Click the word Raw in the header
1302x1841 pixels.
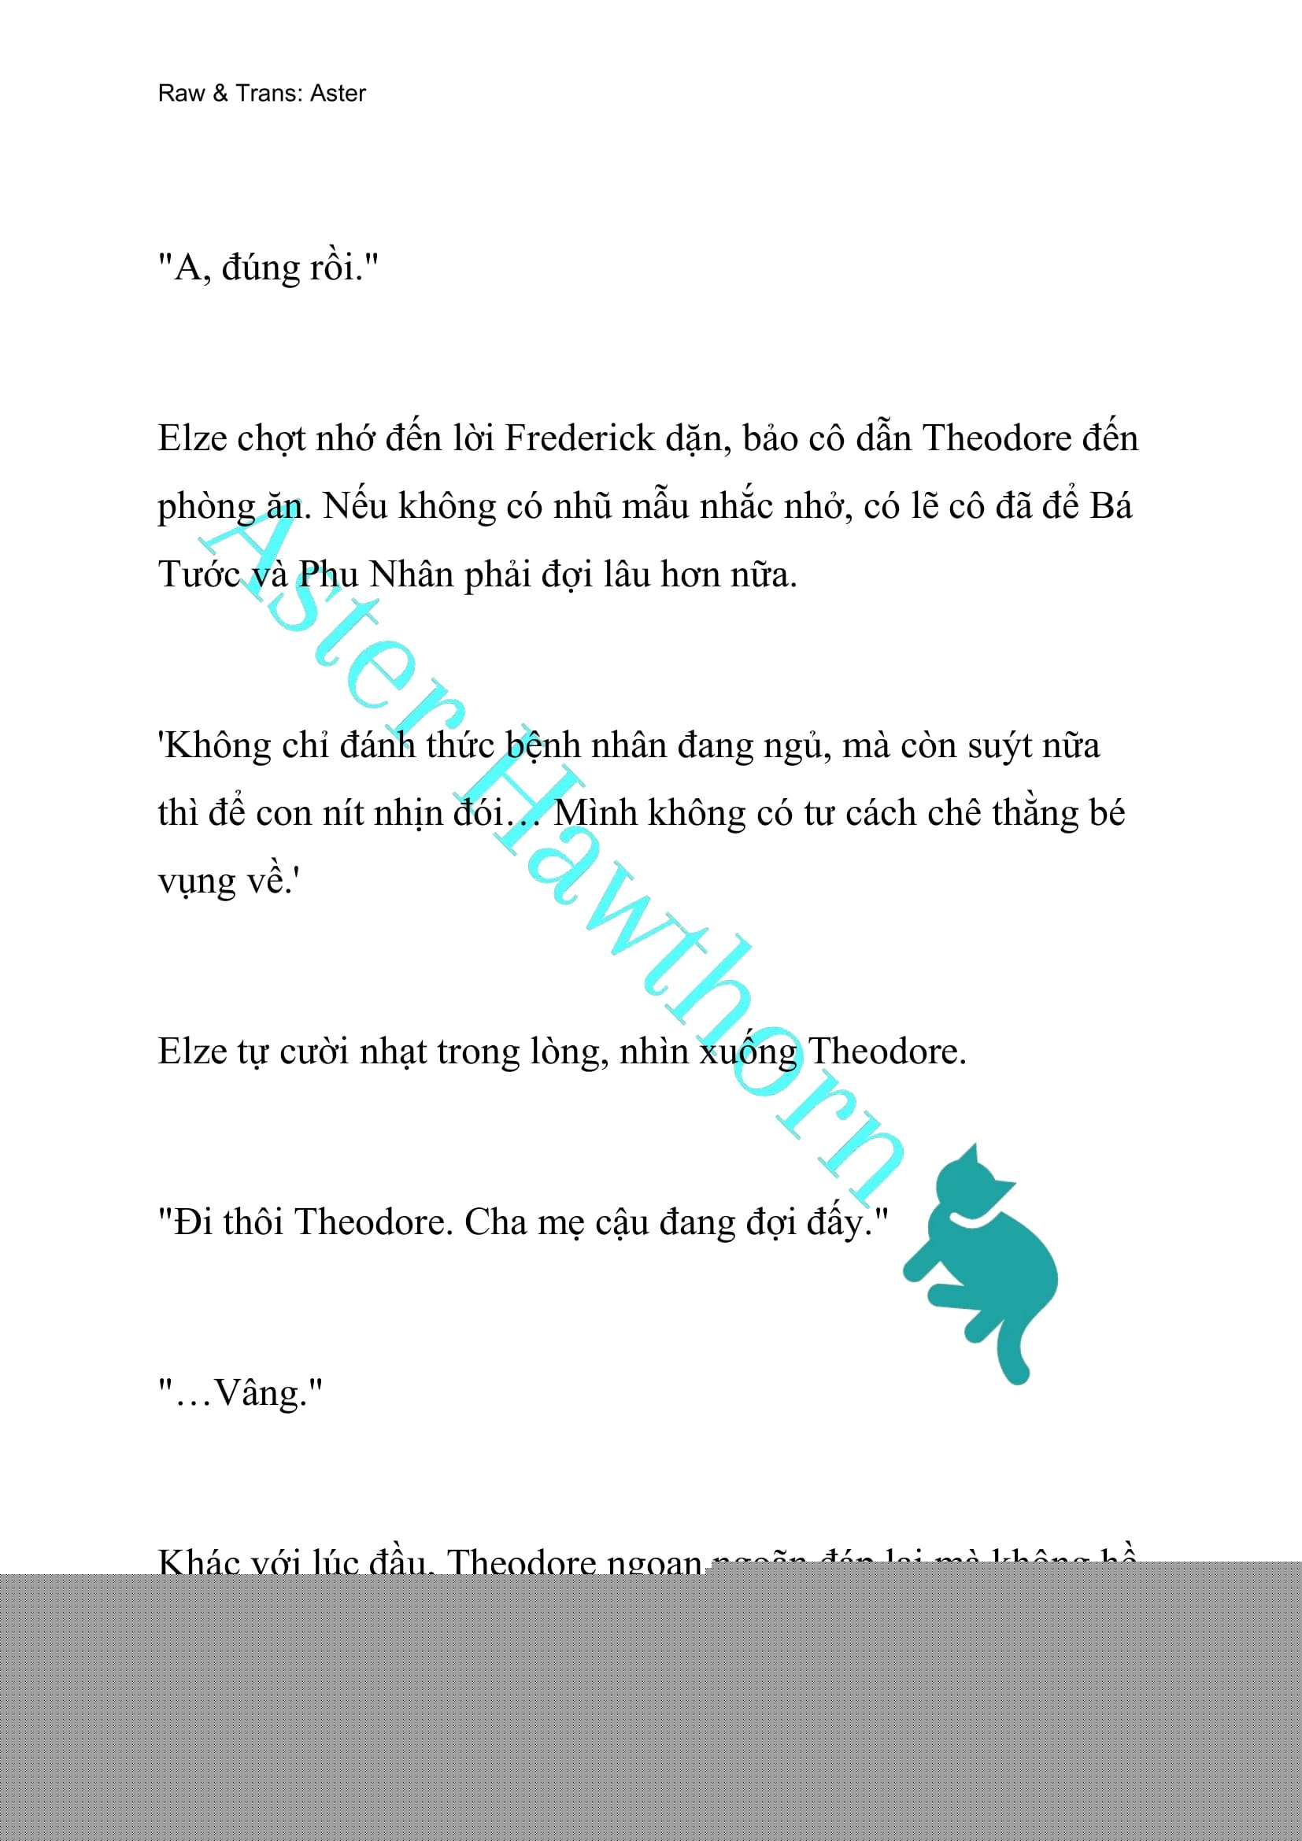tap(181, 93)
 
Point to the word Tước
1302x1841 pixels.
tap(199, 575)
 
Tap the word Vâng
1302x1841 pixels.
tap(261, 1394)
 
